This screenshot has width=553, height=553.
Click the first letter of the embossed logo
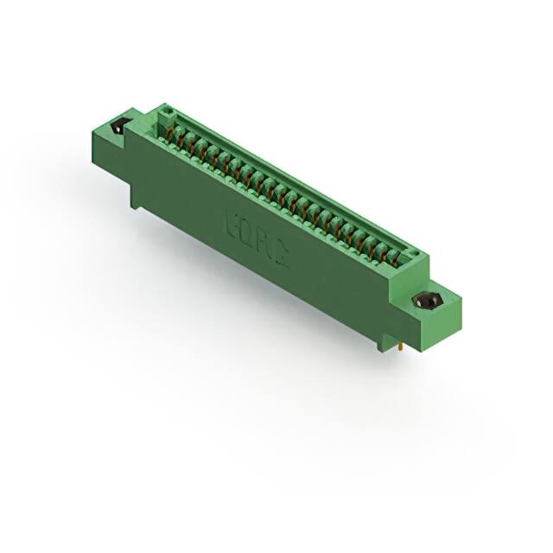(x=232, y=219)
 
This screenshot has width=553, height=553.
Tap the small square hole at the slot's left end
(x=168, y=111)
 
